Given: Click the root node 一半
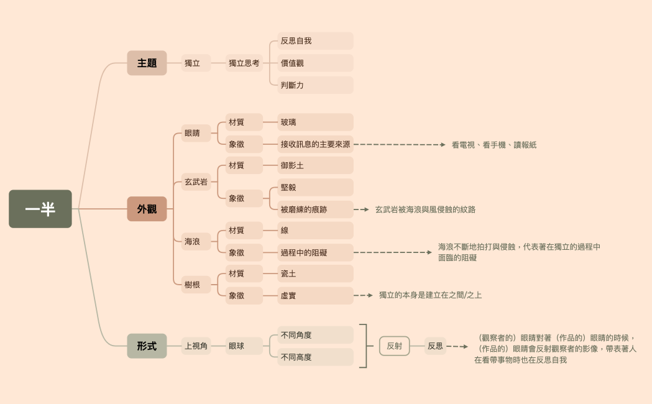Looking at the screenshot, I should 40,209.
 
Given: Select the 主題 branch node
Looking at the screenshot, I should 147,63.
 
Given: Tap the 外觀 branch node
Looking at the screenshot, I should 147,209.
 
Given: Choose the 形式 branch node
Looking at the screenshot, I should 147,346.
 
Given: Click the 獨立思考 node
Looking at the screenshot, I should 244,63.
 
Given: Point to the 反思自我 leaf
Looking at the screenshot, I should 315,41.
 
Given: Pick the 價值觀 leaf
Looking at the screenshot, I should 315,63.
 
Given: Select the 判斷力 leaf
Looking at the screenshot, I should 315,85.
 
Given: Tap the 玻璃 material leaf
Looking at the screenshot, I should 315,122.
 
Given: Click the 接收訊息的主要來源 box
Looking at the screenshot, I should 315,144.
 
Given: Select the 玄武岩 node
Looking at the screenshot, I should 196,182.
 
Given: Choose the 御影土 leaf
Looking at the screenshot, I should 315,165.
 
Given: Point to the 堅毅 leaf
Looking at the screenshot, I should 315,187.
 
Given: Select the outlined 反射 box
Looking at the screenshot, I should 394,346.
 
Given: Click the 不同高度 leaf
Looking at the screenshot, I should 315,357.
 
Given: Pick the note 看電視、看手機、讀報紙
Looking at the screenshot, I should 494,145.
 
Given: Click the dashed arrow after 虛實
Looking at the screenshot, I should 364,295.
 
